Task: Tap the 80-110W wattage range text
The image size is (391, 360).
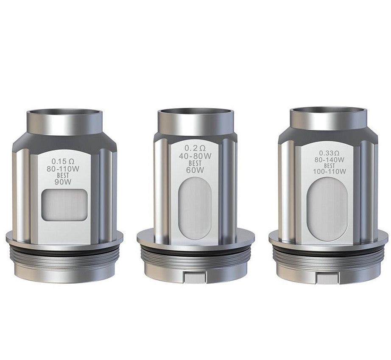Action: pyautogui.click(x=64, y=169)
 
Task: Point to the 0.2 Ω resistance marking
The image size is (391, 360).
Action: pyautogui.click(x=195, y=148)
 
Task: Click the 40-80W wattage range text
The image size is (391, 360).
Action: pyautogui.click(x=195, y=156)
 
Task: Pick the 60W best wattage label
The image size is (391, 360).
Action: pyautogui.click(x=195, y=170)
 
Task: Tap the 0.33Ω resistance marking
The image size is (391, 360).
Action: pyautogui.click(x=330, y=153)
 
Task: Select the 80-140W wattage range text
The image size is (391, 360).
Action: pyautogui.click(x=330, y=159)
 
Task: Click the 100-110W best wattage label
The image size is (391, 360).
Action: pyautogui.click(x=330, y=171)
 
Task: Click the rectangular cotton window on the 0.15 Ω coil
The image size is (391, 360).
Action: pyautogui.click(x=65, y=205)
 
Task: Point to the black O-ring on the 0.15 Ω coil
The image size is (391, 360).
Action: pyautogui.click(x=64, y=252)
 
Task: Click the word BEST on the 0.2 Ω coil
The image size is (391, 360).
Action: pyautogui.click(x=195, y=163)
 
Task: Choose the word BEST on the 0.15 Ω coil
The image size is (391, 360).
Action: pyautogui.click(x=64, y=176)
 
